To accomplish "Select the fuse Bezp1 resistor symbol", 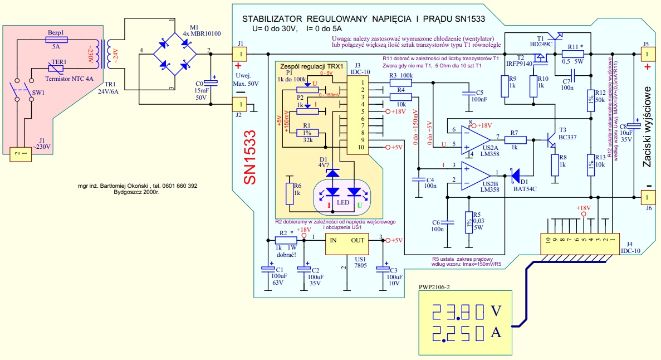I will click(56, 40).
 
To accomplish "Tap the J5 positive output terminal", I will click(648, 54).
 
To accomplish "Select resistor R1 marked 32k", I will click(304, 133).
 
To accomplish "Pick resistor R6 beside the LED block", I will click(289, 193).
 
